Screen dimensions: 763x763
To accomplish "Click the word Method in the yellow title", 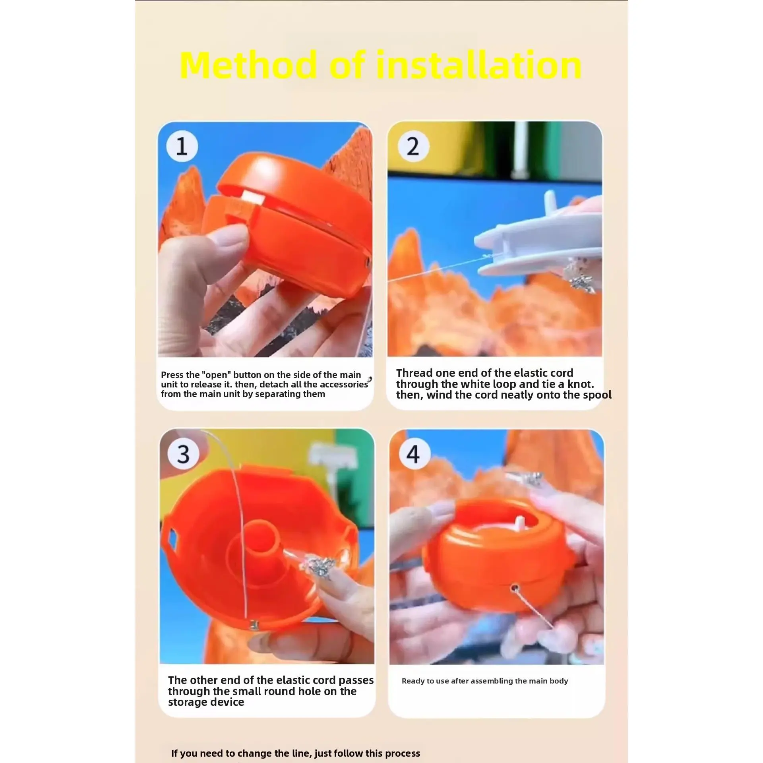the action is point(249,65).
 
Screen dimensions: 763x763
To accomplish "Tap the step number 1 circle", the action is point(182,146).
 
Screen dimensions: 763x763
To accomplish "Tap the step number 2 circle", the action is point(413,146).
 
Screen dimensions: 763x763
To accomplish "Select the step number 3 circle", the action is point(183,454).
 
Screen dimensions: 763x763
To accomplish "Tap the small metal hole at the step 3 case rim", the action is point(252,626).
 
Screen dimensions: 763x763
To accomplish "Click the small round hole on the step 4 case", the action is point(515,597).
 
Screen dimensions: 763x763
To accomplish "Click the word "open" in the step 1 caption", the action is point(216,375).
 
